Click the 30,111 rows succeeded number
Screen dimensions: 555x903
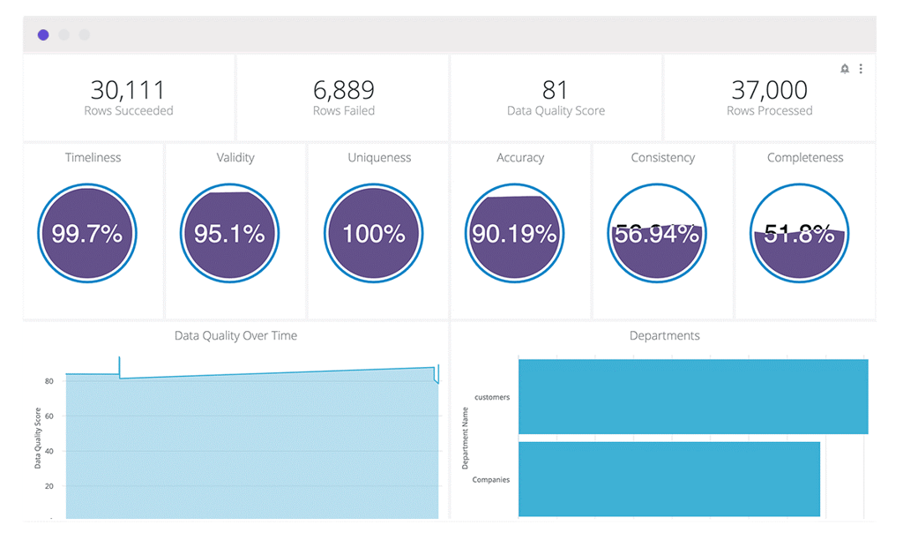pos(128,90)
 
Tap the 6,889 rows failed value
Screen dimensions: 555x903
pos(344,90)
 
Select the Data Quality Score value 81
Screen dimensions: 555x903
pos(556,90)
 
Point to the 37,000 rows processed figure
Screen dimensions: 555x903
pos(769,90)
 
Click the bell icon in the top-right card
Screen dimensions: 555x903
pos(845,69)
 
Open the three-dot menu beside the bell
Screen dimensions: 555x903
pos(861,69)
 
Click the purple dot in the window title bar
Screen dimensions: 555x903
pos(43,35)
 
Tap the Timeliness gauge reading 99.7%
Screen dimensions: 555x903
pos(86,234)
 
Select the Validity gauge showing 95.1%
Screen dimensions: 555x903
pos(229,234)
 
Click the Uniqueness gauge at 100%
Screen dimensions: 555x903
pos(374,234)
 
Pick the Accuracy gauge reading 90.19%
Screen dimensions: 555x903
pos(514,234)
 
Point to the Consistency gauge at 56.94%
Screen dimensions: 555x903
pos(657,234)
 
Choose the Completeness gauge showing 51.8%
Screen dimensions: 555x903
pos(799,234)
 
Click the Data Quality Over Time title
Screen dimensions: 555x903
pos(235,335)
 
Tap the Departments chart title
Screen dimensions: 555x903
pos(664,335)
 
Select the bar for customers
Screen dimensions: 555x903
pos(692,396)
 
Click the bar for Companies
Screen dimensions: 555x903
pos(668,478)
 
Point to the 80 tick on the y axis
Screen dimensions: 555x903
pos(49,381)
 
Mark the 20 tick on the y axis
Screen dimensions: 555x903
pos(49,486)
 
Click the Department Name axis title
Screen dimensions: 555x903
pos(466,438)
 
